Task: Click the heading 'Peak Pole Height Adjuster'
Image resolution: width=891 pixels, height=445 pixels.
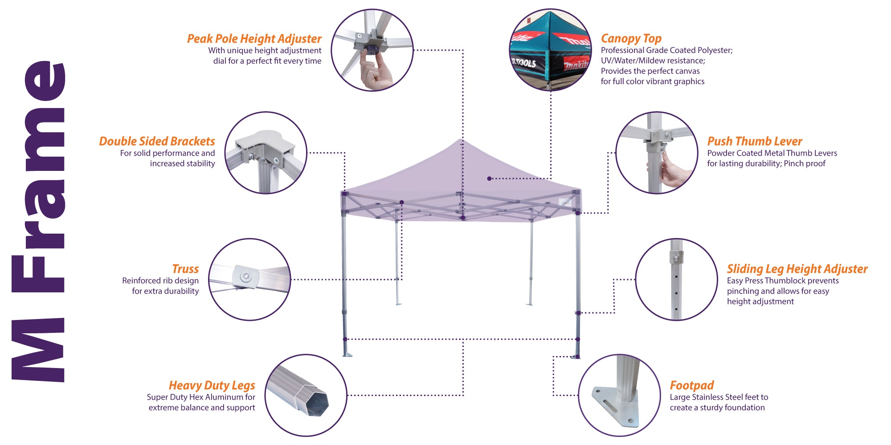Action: [254, 39]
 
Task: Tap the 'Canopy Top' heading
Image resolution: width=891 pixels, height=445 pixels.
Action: [631, 39]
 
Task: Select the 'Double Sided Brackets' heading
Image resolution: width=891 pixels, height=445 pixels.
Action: [157, 142]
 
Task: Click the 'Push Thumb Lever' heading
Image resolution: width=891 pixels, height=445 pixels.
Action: [754, 142]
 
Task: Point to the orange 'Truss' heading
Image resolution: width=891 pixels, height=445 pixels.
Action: [185, 269]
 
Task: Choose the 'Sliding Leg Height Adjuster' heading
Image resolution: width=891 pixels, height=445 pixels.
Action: [797, 269]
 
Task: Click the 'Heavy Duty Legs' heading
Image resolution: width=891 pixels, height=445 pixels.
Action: [212, 385]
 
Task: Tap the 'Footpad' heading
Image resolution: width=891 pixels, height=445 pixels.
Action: [691, 385]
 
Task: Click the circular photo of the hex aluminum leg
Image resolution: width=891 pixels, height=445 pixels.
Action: [306, 395]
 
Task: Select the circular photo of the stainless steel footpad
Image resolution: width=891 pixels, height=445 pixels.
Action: [619, 395]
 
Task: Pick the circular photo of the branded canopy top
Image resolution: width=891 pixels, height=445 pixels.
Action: [551, 50]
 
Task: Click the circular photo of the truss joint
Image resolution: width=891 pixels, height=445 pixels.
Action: [249, 279]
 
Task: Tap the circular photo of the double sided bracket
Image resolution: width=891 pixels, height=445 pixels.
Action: [266, 153]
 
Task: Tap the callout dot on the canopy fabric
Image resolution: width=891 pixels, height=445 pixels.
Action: [489, 178]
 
